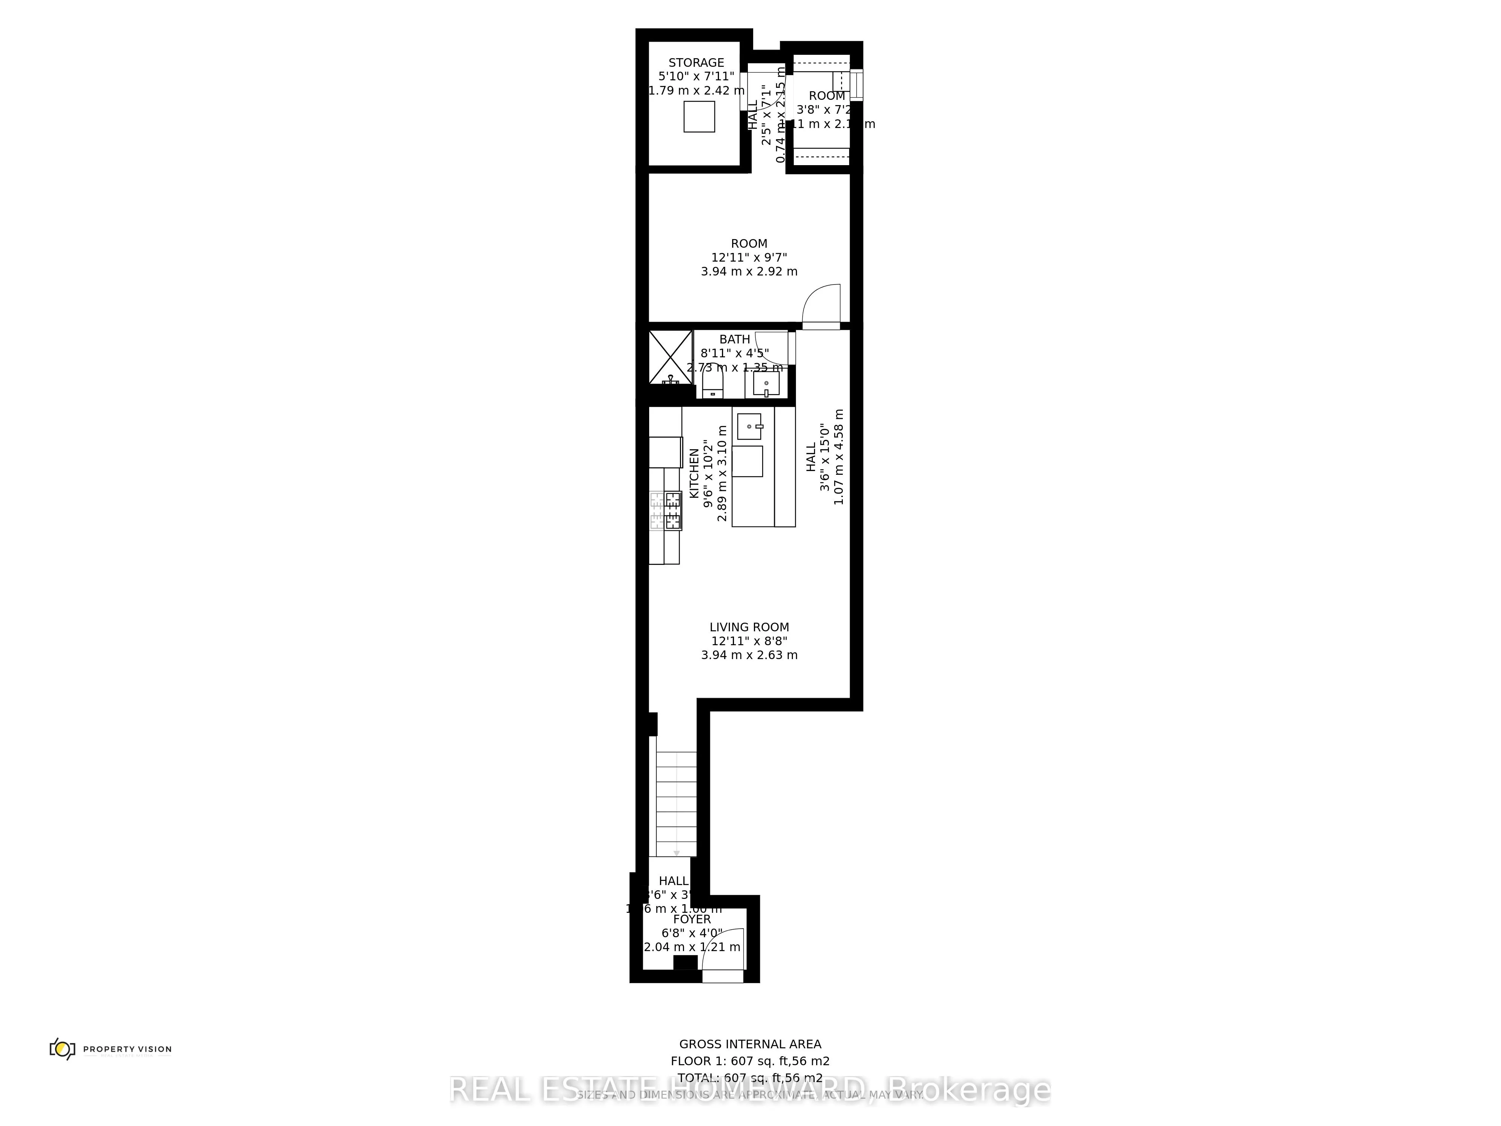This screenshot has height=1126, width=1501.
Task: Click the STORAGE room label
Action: (696, 62)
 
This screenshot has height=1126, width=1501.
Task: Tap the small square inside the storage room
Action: (699, 117)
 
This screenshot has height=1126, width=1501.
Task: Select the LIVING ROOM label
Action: (749, 627)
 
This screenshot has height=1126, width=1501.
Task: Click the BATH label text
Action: (735, 339)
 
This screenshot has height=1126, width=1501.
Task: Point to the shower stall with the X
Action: (671, 358)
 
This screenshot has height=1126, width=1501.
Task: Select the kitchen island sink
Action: (750, 426)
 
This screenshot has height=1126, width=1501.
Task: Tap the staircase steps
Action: (677, 804)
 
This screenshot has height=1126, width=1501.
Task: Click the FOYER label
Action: (692, 919)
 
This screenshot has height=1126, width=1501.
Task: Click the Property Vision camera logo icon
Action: (62, 1049)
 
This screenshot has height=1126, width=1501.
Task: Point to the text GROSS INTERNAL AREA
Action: (750, 1045)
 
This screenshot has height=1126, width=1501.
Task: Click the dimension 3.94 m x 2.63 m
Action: (749, 655)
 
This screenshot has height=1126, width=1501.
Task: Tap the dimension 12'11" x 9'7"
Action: (749, 257)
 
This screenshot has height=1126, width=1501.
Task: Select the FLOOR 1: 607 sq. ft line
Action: (750, 1061)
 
